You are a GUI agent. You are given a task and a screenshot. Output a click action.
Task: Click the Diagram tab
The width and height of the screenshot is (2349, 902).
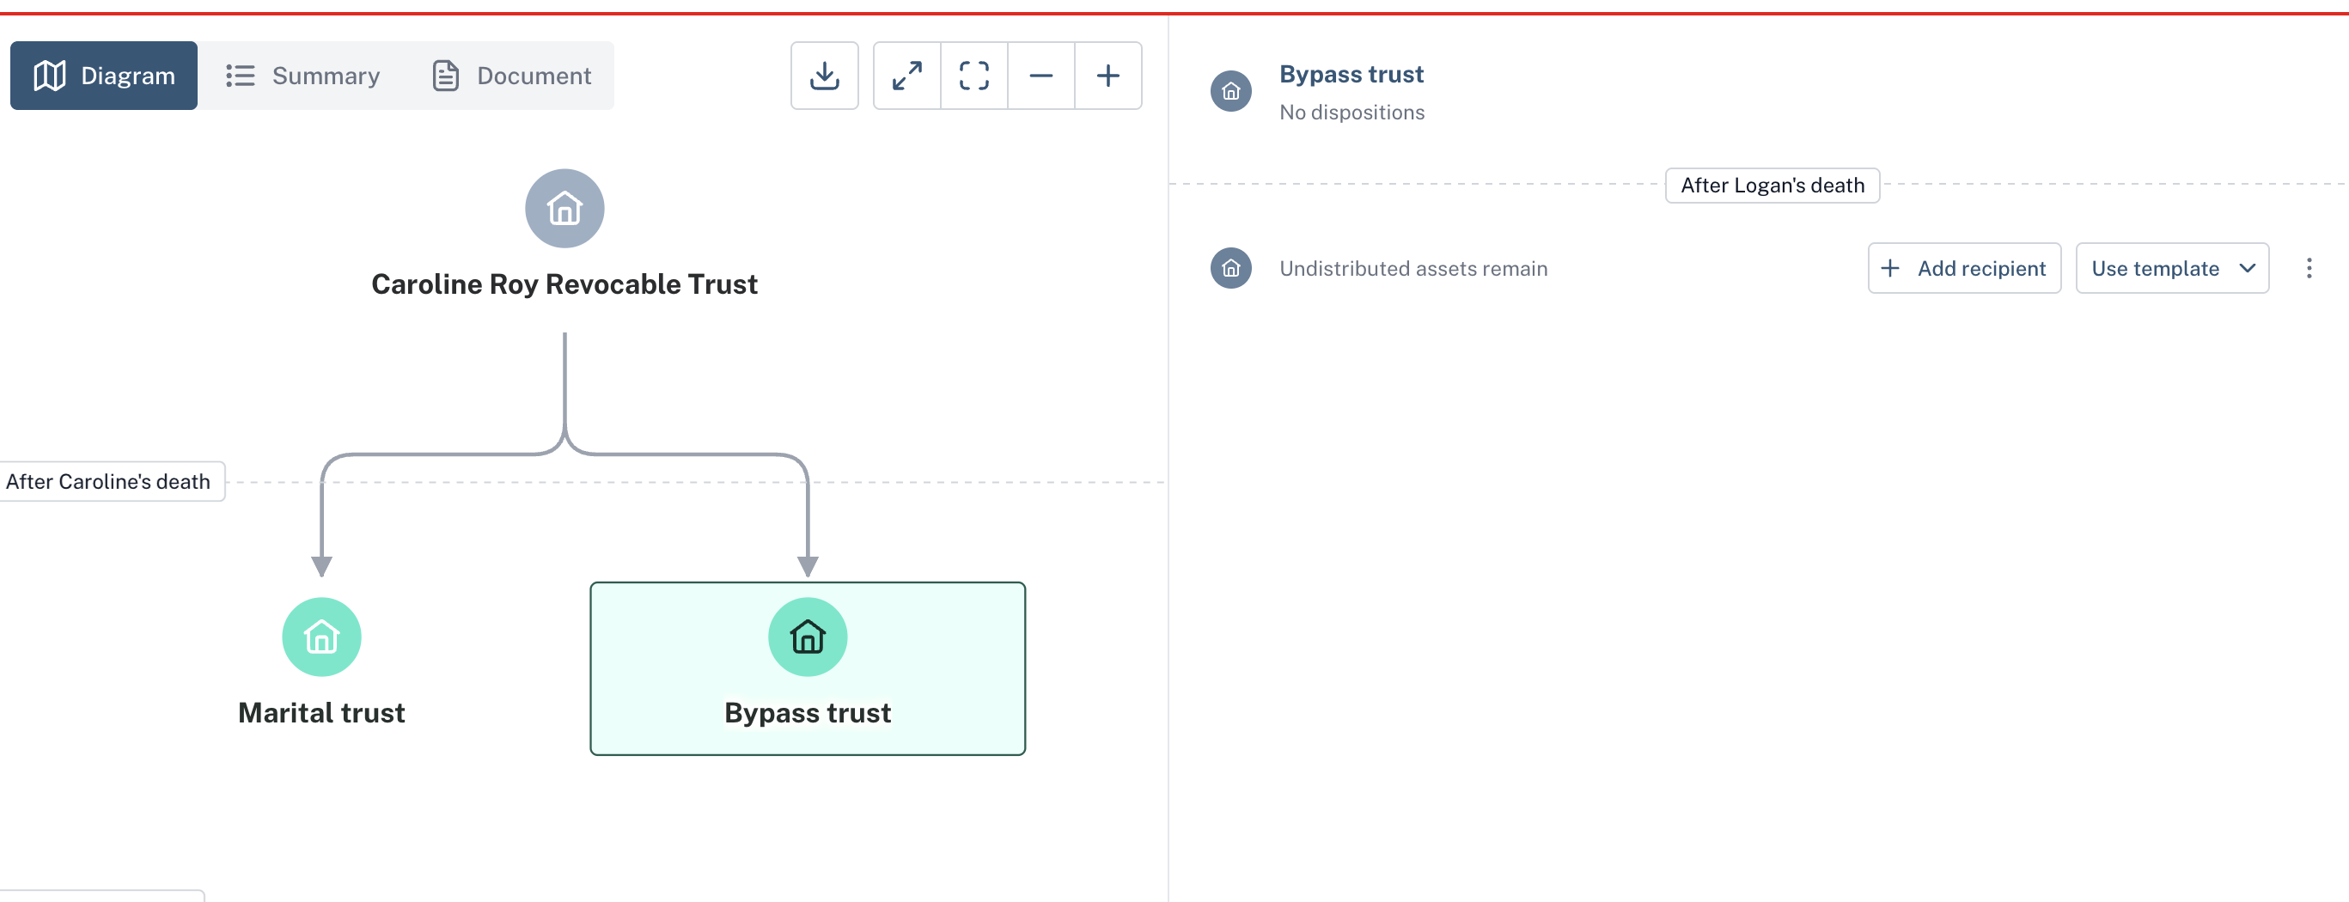coord(104,76)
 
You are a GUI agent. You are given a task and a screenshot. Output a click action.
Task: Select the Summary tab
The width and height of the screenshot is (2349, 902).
coord(302,76)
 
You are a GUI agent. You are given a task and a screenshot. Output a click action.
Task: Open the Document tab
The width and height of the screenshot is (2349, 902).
coord(511,76)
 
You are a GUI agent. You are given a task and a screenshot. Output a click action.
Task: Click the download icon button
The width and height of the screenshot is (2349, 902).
coord(824,76)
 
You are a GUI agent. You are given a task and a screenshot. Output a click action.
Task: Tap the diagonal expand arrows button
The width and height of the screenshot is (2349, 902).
coord(906,76)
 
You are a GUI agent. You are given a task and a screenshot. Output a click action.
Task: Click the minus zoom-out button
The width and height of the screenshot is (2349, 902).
coord(1041,76)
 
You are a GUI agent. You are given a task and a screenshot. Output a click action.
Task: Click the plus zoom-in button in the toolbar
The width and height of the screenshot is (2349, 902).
coord(1108,76)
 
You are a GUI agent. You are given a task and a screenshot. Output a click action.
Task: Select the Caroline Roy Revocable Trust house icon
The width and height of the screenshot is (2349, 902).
coord(564,209)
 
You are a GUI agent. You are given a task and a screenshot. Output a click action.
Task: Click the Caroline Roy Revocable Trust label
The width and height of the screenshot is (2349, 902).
coord(564,284)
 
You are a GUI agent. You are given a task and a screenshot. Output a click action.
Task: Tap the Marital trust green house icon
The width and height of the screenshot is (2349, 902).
coord(322,637)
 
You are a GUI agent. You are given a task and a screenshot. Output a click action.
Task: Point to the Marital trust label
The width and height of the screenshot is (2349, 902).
coord(322,713)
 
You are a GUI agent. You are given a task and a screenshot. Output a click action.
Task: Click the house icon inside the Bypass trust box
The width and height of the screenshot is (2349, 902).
coord(808,637)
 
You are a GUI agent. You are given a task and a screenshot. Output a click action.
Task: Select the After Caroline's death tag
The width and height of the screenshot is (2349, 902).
coord(108,482)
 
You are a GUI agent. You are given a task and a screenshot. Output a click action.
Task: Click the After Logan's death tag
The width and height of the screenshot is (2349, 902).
coord(1772,186)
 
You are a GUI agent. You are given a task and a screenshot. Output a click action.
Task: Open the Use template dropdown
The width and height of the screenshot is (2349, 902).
coord(2172,268)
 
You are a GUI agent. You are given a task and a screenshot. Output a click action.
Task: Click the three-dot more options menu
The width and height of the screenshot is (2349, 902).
coord(2309,268)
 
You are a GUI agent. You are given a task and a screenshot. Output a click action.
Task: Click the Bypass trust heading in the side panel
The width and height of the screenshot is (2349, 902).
coord(1351,75)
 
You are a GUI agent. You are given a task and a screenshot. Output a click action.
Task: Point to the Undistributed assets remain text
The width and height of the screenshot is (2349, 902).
coord(1413,269)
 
